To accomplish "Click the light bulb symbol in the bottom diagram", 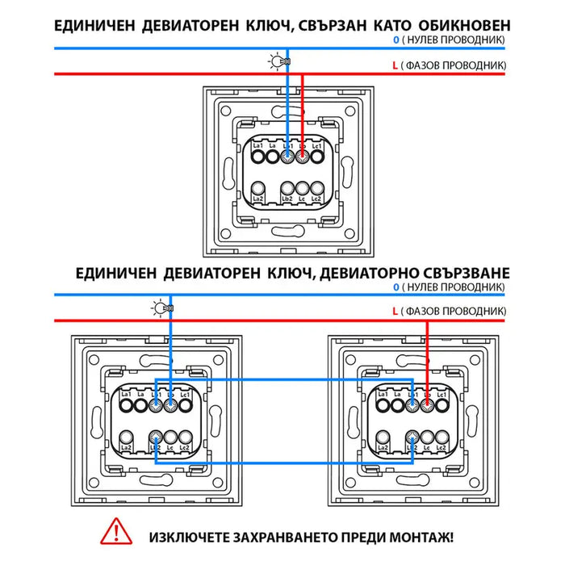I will (161, 308).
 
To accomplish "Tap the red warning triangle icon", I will (116, 534).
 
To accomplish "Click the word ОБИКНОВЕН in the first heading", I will (462, 24).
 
